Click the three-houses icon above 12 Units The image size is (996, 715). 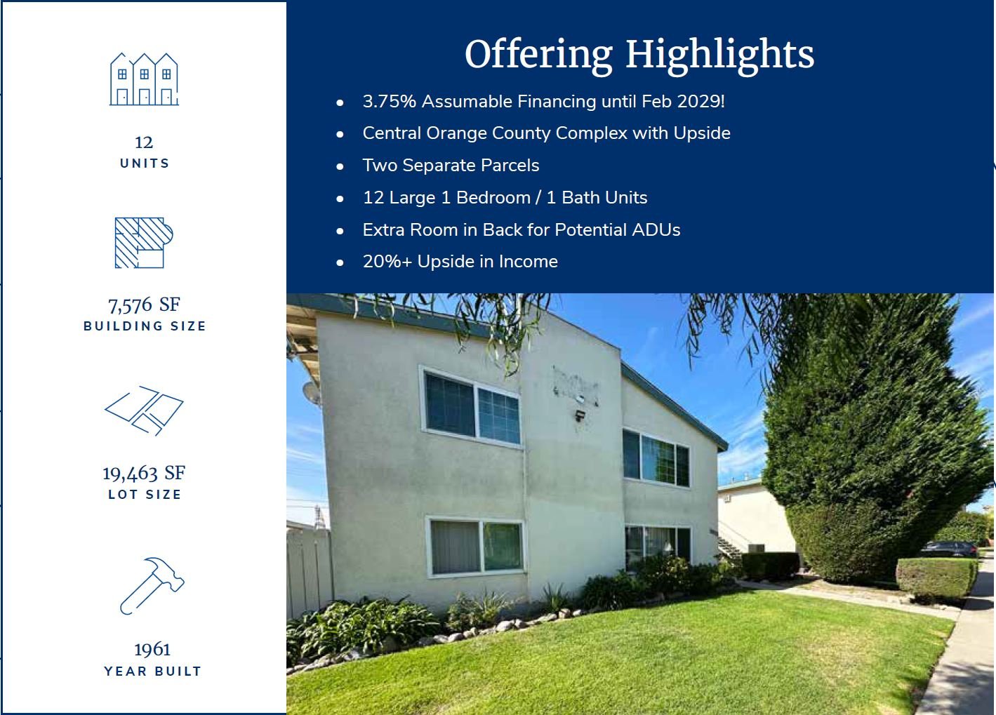tap(144, 79)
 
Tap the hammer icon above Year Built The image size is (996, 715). tap(152, 586)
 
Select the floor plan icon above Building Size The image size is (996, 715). tap(144, 243)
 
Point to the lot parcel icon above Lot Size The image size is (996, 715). tap(144, 410)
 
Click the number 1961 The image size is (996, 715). tap(152, 650)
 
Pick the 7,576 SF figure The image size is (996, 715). tap(144, 305)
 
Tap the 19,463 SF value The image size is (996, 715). tap(144, 474)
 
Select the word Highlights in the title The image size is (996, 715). tap(720, 54)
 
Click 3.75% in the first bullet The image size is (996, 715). tap(390, 101)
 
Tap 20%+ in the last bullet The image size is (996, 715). tap(387, 262)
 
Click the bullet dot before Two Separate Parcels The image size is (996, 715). tap(340, 166)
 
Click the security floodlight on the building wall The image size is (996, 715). tap(579, 415)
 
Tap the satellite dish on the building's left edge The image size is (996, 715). tap(311, 392)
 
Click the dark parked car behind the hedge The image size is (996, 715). tap(948, 549)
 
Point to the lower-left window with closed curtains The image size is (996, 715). tap(476, 547)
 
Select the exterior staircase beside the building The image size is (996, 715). tap(729, 547)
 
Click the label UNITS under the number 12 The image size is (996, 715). tap(145, 163)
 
